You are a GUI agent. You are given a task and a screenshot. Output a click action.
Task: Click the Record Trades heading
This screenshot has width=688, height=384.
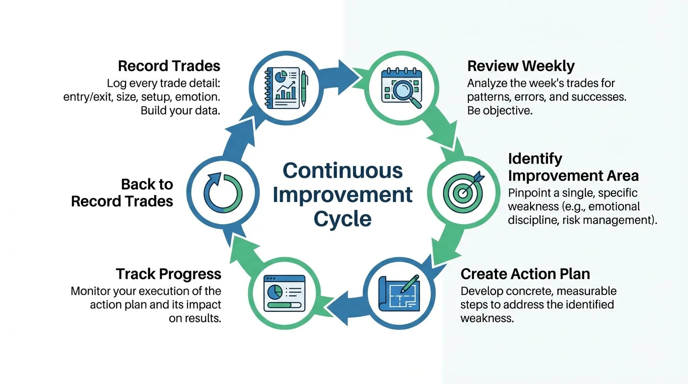tap(169, 66)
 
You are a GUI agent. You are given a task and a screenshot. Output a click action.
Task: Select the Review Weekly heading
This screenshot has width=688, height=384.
tap(520, 66)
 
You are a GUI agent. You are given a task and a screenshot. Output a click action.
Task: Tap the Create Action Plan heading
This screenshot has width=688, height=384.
tap(525, 274)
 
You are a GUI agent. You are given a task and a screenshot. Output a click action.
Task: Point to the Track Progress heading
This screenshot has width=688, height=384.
tap(168, 274)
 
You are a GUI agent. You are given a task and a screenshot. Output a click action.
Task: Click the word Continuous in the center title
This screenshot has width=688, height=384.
tap(342, 170)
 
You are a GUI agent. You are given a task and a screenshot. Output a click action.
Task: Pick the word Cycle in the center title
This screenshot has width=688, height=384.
tap(342, 218)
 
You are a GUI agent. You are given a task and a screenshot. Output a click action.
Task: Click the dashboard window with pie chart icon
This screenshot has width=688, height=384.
tap(284, 293)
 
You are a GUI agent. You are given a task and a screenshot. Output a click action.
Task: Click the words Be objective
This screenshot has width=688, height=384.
tap(499, 110)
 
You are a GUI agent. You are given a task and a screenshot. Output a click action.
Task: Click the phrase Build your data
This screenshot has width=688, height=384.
tap(180, 110)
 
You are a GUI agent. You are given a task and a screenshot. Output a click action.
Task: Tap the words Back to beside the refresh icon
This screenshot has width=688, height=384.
tap(147, 184)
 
